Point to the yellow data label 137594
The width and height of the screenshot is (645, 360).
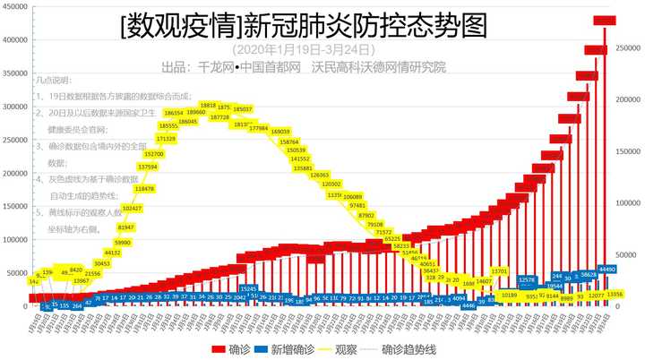click(x=147, y=167)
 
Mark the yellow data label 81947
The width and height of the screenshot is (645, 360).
click(x=126, y=227)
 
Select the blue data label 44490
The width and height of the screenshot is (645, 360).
click(x=606, y=269)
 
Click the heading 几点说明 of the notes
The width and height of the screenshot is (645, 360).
click(x=55, y=80)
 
